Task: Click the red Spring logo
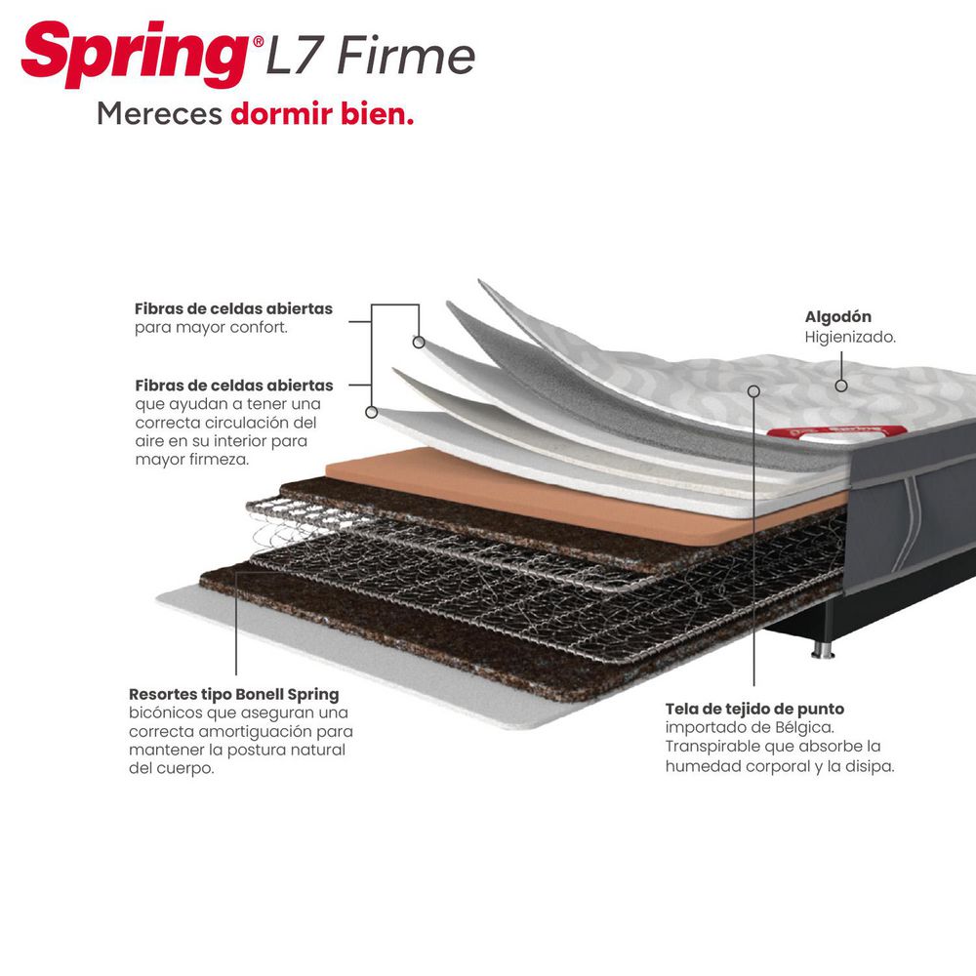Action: click(x=135, y=54)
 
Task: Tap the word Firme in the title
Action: click(x=406, y=56)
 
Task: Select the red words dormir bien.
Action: click(x=322, y=114)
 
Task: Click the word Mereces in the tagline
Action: click(x=159, y=114)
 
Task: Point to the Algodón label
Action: click(x=837, y=317)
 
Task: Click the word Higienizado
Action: click(x=850, y=338)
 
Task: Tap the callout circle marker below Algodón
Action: click(x=841, y=386)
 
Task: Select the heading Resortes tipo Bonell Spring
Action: click(x=234, y=694)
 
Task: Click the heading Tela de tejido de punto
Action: click(x=755, y=709)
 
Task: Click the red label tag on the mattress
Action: click(x=836, y=432)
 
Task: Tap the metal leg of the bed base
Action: click(x=822, y=650)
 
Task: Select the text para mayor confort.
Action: click(x=211, y=327)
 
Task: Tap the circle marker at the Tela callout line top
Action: click(x=753, y=391)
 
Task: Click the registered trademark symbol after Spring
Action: click(x=259, y=42)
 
